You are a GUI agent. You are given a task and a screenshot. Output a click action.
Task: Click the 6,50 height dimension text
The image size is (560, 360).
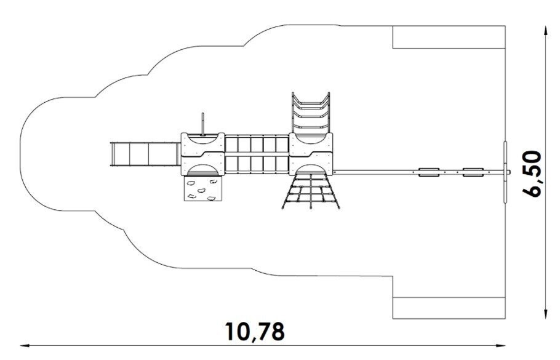click(x=532, y=173)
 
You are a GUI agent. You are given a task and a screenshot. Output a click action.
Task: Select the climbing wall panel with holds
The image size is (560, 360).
click(x=201, y=188)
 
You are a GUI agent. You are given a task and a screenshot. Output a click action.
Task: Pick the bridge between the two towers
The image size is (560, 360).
click(x=257, y=154)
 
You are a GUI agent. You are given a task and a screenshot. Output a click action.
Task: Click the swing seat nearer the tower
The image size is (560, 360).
click(x=429, y=172)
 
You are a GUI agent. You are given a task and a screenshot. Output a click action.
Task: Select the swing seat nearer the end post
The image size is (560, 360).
click(x=473, y=172)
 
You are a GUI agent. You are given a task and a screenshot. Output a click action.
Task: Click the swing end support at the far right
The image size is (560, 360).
click(x=505, y=171)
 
